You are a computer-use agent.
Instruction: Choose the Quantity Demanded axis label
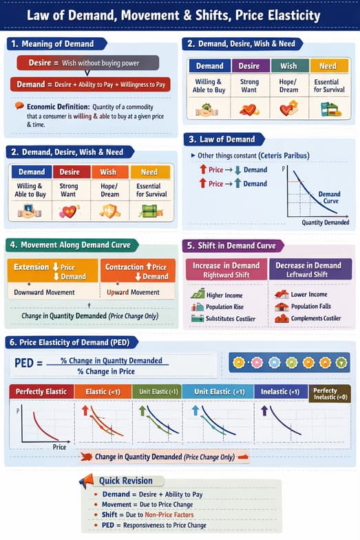coord(325,222)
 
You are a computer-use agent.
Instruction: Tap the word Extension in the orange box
coord(32,267)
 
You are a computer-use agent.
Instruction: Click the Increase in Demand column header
coord(226,269)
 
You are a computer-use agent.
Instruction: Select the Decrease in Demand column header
coord(308,269)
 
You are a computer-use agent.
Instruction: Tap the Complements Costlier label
coord(315,318)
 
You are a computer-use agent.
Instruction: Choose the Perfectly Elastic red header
coord(41,391)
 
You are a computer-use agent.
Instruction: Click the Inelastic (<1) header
coord(280,391)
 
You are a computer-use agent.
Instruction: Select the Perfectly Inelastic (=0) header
coord(330,394)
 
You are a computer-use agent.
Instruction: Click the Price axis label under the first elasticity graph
coord(59,447)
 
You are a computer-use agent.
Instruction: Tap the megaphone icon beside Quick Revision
coord(86,481)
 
